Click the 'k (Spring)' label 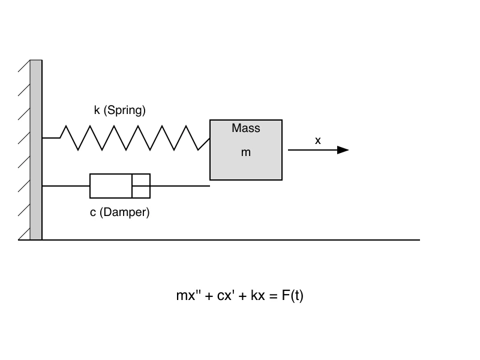pos(120,110)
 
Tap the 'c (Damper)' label pos(120,212)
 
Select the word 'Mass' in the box pos(246,128)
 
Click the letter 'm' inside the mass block pos(246,153)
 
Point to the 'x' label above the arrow pos(318,140)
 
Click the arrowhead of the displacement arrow pos(343,150)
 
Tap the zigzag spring pos(129,138)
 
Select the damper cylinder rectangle pos(111,186)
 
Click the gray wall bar pos(36,150)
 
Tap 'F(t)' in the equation pos(293,295)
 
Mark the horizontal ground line pos(240,240)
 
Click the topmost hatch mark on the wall pos(24,66)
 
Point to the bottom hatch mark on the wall pos(24,234)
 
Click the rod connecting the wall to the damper pos(66,186)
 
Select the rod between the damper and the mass pos(180,186)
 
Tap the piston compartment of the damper pos(141,186)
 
